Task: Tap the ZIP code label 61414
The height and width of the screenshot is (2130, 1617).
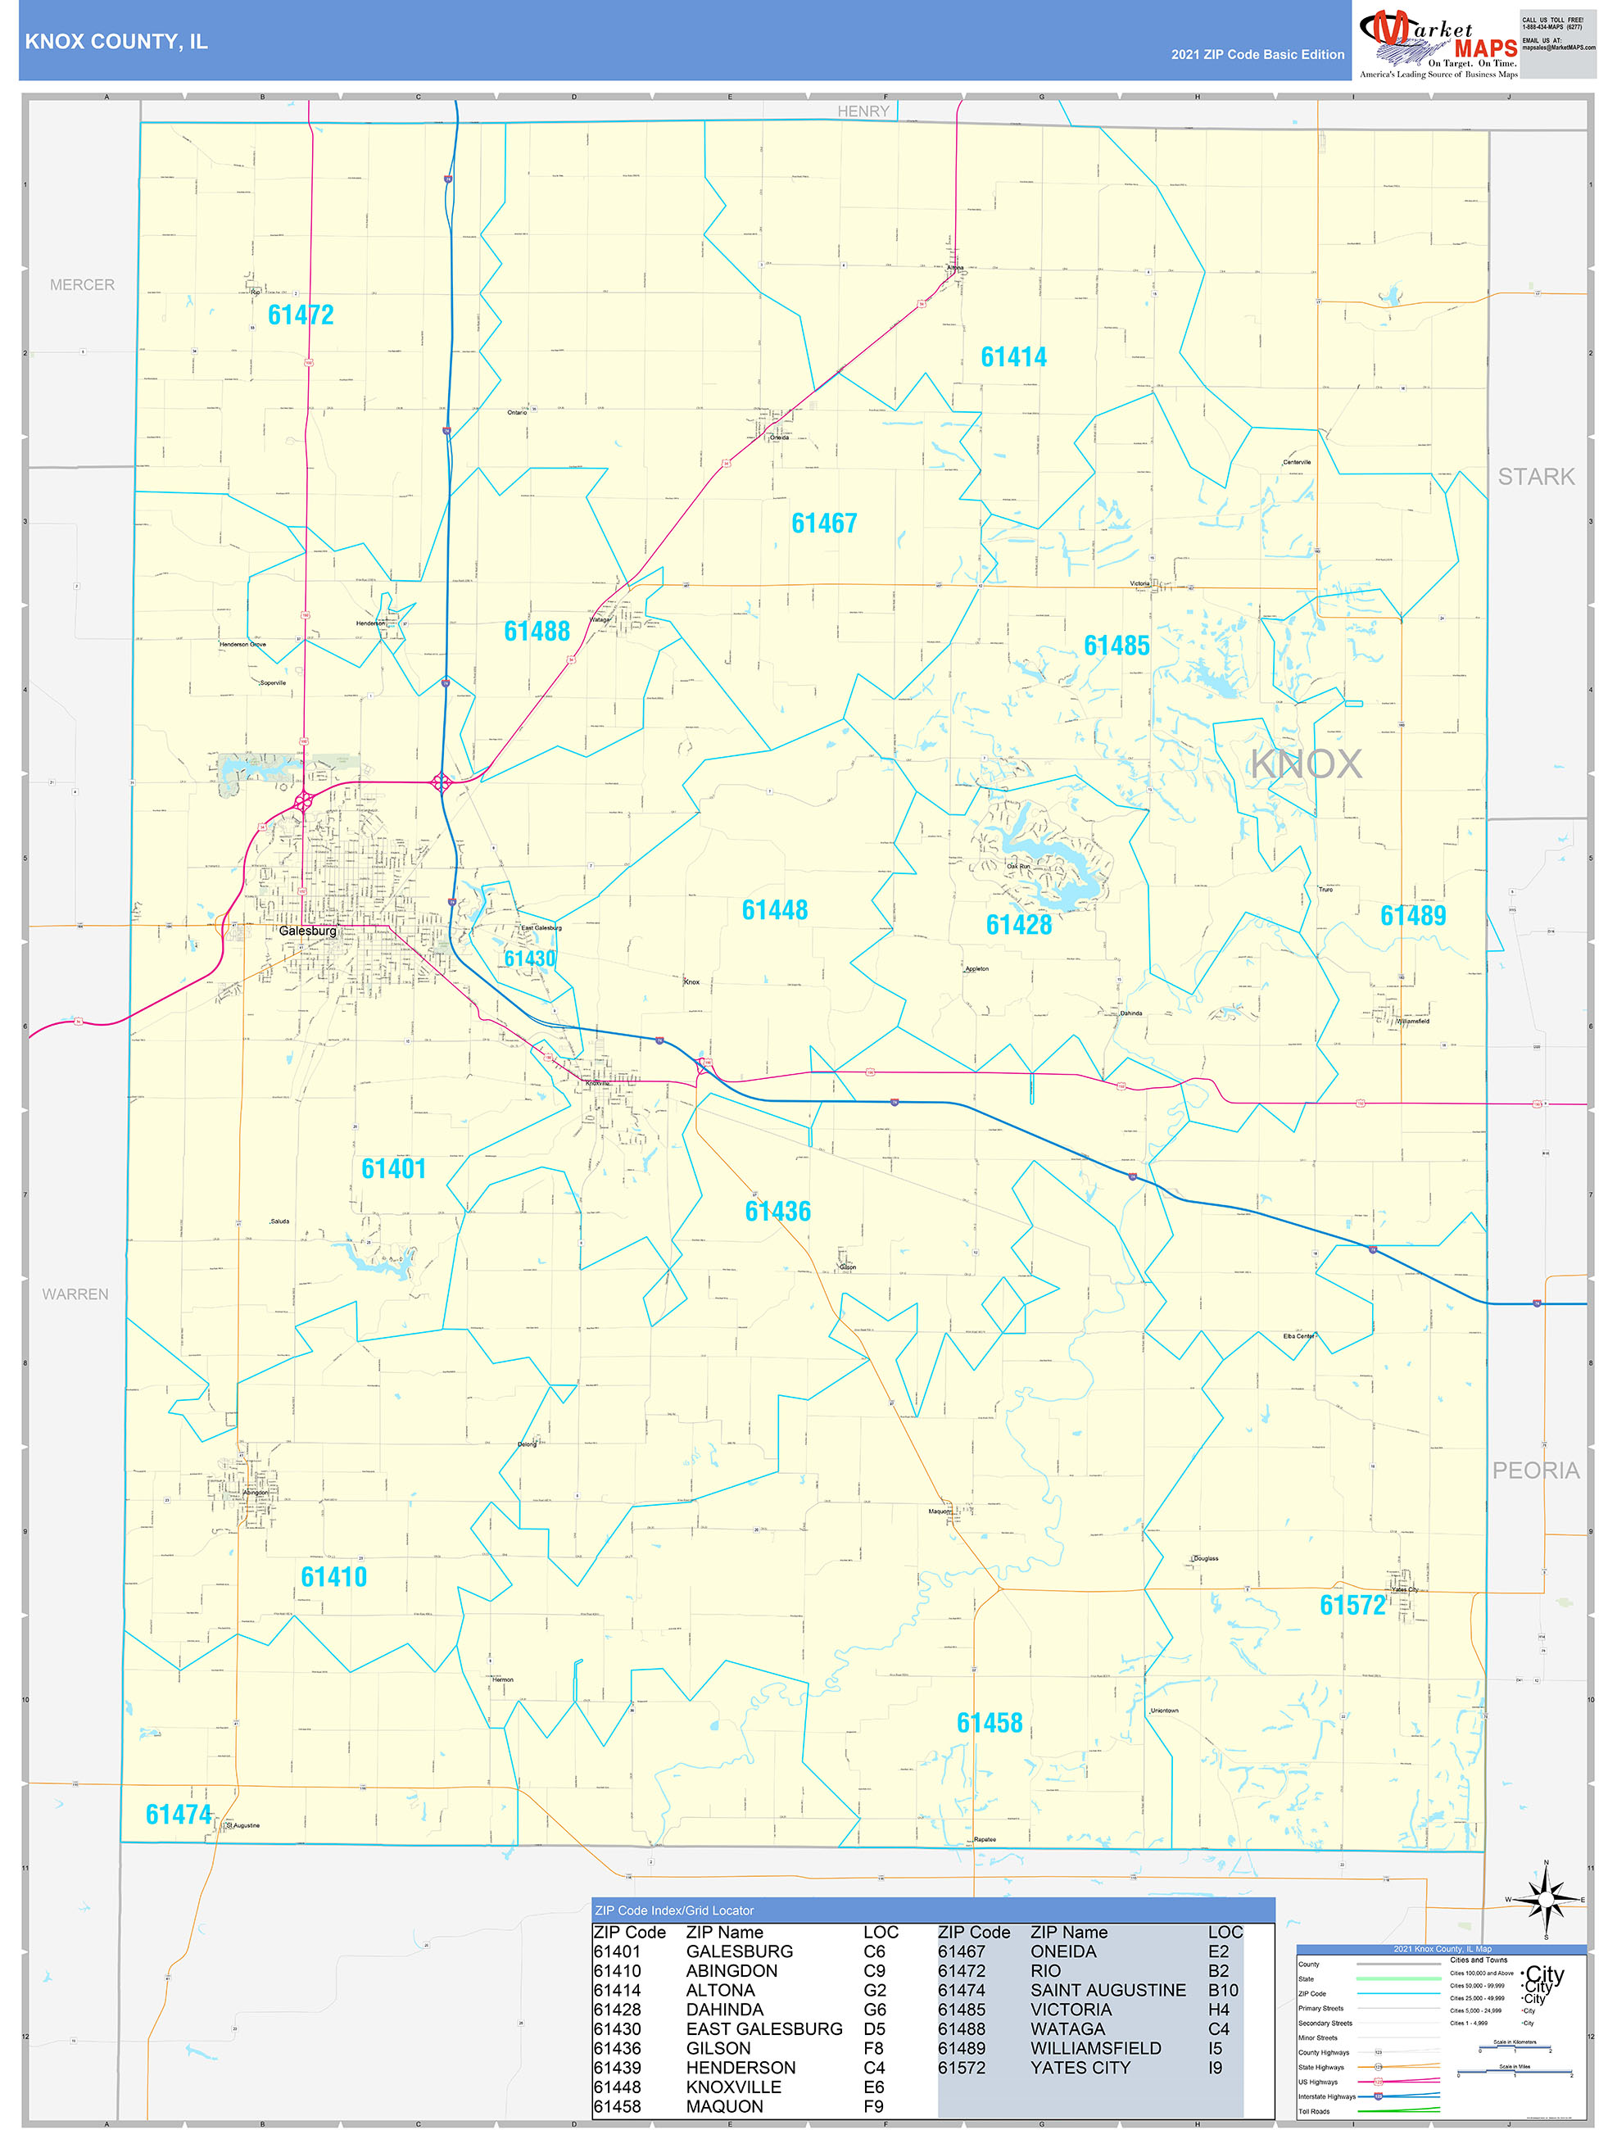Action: (x=1013, y=357)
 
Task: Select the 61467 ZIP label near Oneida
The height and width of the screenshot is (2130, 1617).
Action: (x=823, y=523)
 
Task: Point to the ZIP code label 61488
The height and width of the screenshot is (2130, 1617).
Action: (x=537, y=631)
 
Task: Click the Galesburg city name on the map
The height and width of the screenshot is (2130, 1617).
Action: (x=307, y=931)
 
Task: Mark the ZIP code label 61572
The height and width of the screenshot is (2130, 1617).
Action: (x=1352, y=1605)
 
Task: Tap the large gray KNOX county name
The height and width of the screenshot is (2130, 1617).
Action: (x=1305, y=764)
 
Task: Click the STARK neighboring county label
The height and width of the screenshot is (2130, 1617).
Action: (x=1535, y=477)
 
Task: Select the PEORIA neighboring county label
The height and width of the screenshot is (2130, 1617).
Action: (x=1535, y=1471)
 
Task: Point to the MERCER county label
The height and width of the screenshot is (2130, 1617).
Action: (x=82, y=285)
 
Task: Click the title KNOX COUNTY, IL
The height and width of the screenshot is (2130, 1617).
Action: (x=115, y=42)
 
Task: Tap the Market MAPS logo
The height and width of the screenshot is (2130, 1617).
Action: (x=1437, y=40)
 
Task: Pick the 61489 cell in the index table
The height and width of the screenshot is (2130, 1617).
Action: (x=960, y=2048)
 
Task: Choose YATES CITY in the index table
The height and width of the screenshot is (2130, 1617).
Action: (x=1080, y=2068)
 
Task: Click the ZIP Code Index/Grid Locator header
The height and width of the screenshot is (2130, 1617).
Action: (x=673, y=1910)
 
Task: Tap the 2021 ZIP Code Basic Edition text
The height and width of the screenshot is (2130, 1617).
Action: (x=1257, y=55)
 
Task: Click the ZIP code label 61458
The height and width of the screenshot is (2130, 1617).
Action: (x=989, y=1723)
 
